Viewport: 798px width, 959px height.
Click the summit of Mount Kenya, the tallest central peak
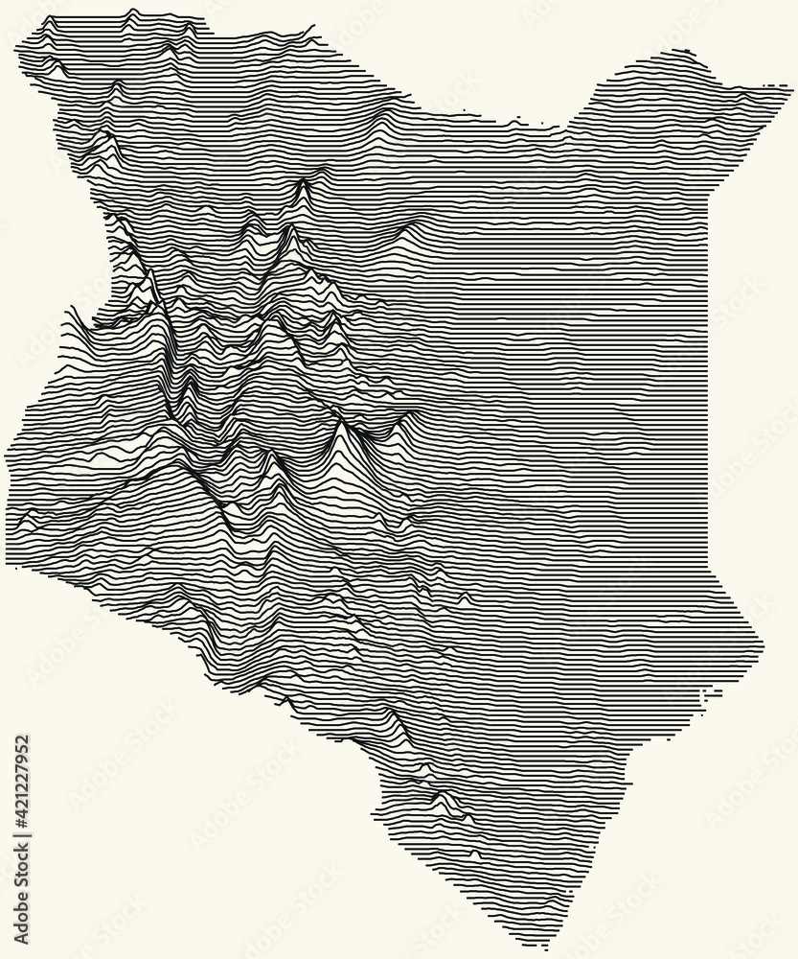(341, 423)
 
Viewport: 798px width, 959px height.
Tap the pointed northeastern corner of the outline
(790, 92)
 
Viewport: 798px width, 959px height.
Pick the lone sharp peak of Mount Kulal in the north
(303, 182)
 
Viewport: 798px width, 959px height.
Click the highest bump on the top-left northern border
(132, 12)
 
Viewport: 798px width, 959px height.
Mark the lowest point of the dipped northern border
(517, 122)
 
